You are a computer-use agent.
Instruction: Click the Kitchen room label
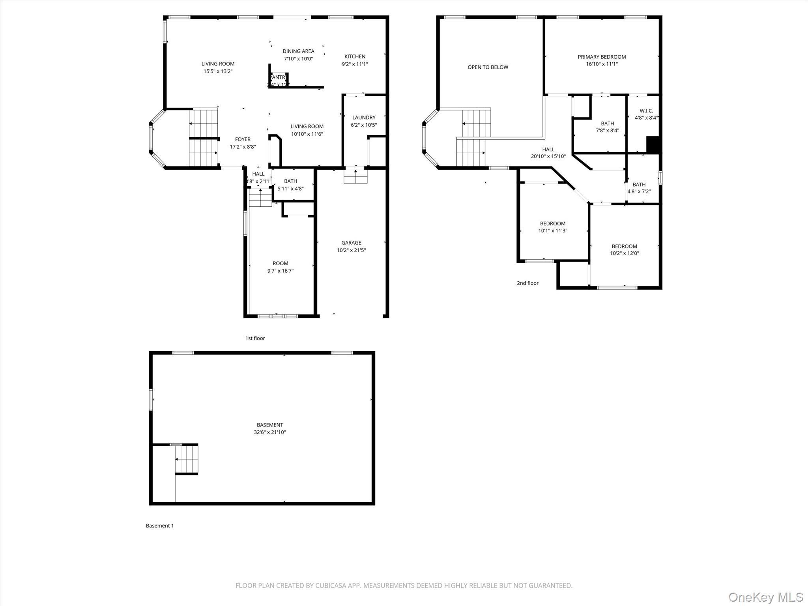355,56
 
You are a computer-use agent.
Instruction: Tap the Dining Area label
298,51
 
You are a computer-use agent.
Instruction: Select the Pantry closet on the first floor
279,80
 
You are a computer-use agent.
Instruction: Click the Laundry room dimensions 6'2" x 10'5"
364,125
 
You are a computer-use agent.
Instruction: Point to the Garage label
351,243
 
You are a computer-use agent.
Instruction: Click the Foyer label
243,139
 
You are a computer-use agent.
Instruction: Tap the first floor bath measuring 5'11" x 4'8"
290,185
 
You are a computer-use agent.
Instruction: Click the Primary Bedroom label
602,57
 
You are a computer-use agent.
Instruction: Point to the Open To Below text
488,67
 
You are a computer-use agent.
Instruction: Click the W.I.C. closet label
646,111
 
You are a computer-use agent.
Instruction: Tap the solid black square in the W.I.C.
653,144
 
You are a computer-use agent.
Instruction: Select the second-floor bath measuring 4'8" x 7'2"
639,188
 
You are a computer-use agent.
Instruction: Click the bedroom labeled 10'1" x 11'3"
552,227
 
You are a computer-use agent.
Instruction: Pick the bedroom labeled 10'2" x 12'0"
624,250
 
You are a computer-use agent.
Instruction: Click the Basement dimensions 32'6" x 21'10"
270,432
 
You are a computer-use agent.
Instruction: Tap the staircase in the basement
187,459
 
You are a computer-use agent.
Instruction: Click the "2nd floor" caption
527,283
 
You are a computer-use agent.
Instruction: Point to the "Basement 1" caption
160,526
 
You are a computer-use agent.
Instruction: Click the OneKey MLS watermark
765,597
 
